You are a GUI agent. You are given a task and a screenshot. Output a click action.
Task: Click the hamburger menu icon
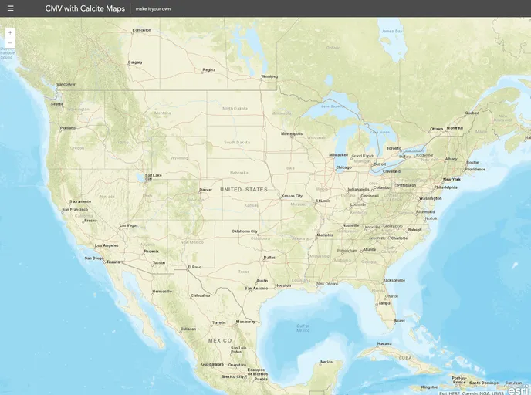pos(10,8)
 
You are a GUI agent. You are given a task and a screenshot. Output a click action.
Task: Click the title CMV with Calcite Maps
pos(85,8)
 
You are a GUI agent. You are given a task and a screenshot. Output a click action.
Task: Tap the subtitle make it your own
pos(153,9)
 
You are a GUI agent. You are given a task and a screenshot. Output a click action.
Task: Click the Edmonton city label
pos(142,30)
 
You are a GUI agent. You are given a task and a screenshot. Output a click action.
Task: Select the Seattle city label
pos(56,103)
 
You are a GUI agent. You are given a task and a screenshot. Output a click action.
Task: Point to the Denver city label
pos(205,189)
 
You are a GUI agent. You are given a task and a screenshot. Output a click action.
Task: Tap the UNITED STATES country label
pos(244,189)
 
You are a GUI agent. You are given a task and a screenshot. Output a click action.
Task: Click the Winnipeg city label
pos(269,76)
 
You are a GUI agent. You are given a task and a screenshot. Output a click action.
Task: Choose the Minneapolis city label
pos(292,133)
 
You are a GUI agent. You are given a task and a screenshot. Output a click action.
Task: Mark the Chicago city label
pos(343,167)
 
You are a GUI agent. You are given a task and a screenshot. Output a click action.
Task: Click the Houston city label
pos(283,285)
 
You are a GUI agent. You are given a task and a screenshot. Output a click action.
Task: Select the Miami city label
pos(399,321)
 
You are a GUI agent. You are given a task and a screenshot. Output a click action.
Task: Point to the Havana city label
pos(384,343)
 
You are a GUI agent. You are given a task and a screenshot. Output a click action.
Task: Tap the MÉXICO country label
pos(220,339)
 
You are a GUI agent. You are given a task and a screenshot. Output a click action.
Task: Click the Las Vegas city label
pos(128,225)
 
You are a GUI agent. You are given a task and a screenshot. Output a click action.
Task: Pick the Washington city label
pos(431,198)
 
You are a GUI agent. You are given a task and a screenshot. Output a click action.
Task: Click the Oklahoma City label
pos(245,231)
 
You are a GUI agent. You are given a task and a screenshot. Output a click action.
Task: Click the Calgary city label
pos(135,62)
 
